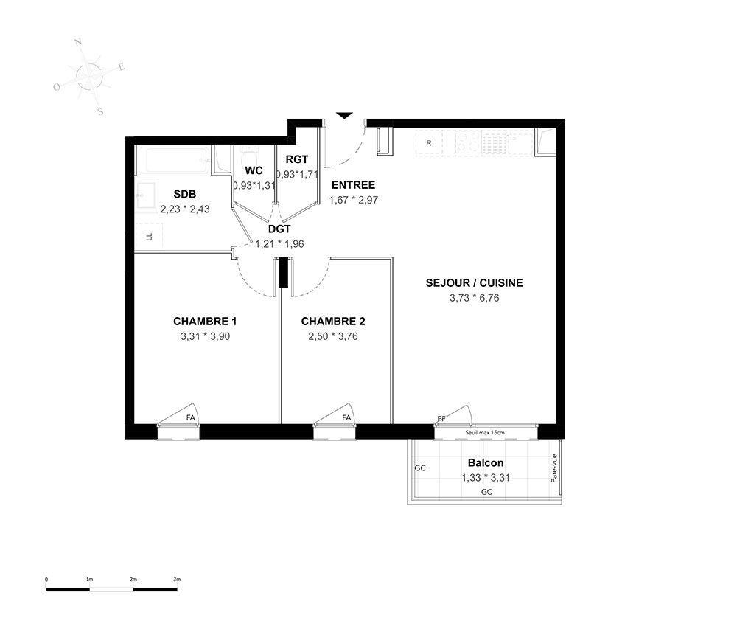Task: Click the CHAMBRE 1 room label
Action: click(205, 322)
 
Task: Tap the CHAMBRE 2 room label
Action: click(333, 322)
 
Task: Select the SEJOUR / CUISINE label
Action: click(474, 282)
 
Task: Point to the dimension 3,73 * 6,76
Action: click(474, 298)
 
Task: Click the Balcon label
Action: click(486, 462)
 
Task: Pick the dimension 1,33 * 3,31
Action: click(486, 478)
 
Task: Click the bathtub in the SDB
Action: click(172, 160)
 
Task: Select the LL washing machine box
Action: click(149, 237)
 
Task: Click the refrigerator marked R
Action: click(429, 143)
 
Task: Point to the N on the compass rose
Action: click(79, 42)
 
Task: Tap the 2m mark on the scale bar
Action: click(133, 580)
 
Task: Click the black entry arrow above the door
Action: click(344, 116)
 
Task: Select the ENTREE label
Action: click(354, 185)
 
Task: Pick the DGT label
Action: click(279, 229)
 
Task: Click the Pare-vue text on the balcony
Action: click(554, 468)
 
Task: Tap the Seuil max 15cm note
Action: click(485, 432)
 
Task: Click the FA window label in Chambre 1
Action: click(190, 417)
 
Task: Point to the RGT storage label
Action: click(297, 159)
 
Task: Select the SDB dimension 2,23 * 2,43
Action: click(185, 209)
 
